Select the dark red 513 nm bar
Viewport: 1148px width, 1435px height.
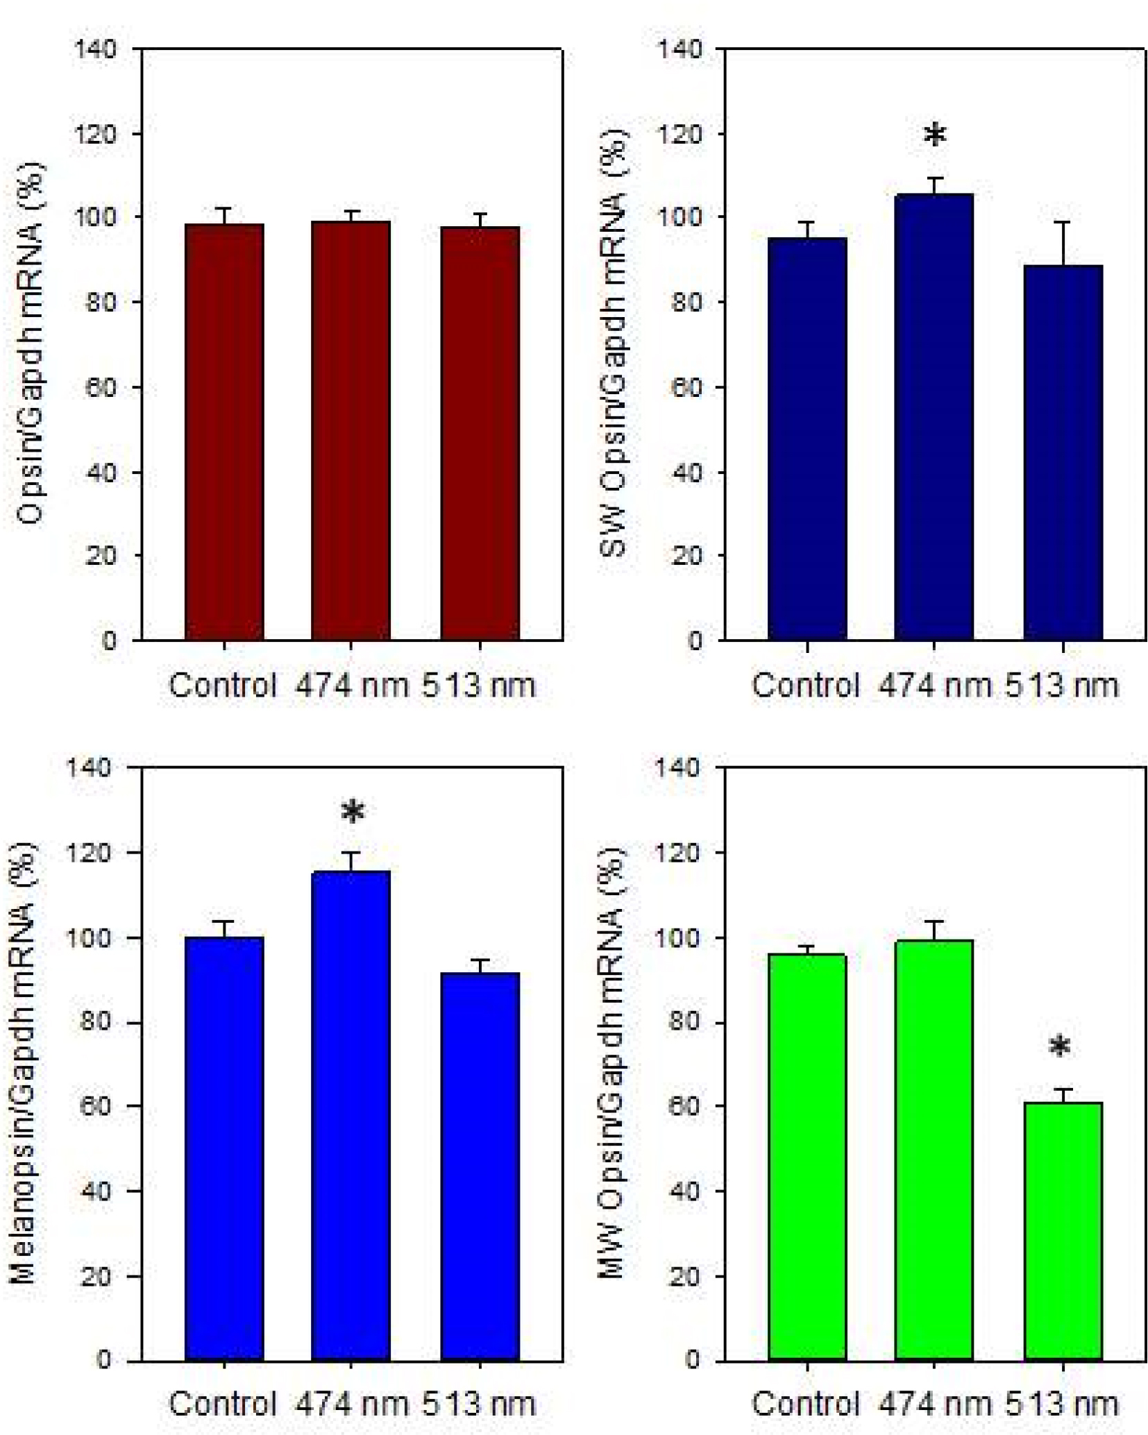480,433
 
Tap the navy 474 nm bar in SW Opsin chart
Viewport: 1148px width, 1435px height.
934,416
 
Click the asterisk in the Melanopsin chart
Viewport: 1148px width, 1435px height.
353,813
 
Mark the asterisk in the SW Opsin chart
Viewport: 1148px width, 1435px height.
935,135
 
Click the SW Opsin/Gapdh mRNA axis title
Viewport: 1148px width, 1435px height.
614,343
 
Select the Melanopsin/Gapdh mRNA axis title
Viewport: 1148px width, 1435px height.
25,1062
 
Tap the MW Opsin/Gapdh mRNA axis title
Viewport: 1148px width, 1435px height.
614,1062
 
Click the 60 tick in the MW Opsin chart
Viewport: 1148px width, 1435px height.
684,1105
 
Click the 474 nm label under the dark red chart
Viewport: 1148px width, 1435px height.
351,686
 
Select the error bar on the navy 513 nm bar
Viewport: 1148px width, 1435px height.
1063,243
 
